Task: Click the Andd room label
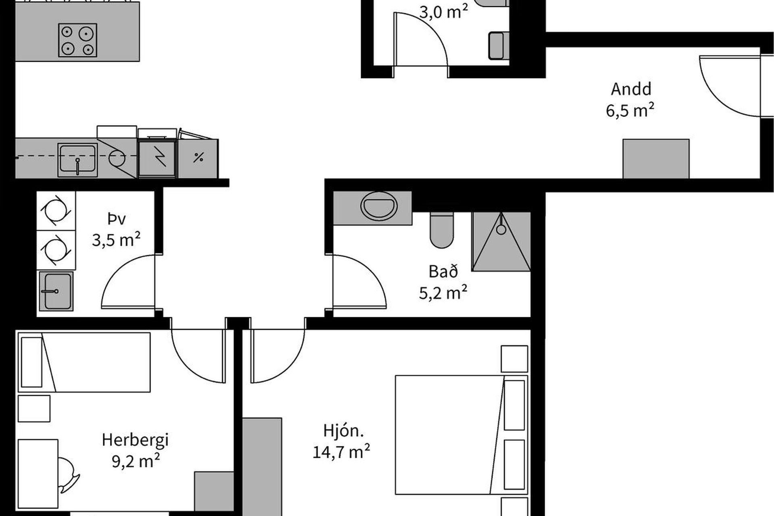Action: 631,89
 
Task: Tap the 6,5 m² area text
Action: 630,110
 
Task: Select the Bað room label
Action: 443,272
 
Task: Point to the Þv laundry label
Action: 117,219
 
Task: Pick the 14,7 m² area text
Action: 341,451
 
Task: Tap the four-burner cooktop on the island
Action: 77,40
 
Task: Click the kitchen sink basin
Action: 77,160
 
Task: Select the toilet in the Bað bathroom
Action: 442,230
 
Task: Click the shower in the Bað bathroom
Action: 501,241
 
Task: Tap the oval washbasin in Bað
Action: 379,206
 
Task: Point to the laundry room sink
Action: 56,291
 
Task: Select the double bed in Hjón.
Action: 462,435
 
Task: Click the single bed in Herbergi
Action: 84,362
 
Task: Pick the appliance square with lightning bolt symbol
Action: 157,158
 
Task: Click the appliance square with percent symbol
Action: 198,158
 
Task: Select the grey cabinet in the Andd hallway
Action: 656,159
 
